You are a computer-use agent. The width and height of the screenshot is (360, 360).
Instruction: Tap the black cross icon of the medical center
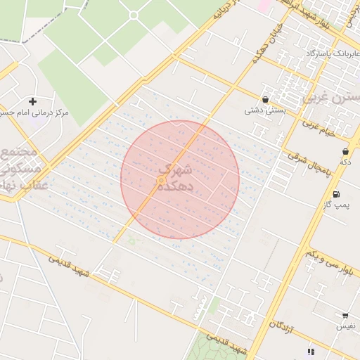point(32,101)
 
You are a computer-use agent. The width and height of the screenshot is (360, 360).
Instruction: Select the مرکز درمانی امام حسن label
point(34,112)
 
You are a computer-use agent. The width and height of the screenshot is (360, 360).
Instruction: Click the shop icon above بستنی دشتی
point(265,100)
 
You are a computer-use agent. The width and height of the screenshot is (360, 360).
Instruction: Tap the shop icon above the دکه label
point(345,151)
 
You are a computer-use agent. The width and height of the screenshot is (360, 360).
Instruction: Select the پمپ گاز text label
point(341,205)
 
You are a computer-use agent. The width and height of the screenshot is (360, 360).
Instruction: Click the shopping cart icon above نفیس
point(345,316)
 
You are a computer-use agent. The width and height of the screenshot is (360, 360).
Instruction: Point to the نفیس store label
point(345,326)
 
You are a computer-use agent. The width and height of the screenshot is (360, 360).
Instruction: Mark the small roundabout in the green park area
point(134,15)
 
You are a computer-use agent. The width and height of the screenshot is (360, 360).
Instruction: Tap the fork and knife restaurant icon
point(310,352)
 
